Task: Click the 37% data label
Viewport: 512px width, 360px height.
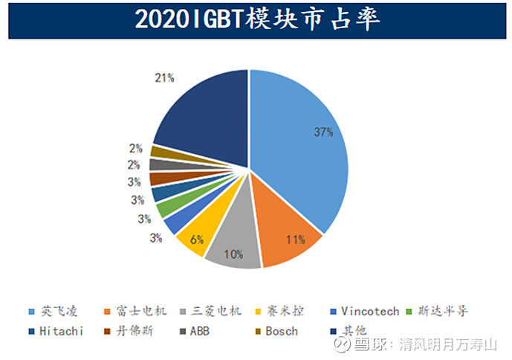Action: pos(323,132)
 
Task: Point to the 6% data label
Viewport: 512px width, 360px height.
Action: pos(196,239)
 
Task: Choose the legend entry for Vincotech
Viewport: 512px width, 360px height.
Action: pos(370,311)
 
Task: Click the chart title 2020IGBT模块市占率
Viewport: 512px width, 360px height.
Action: pos(256,20)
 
